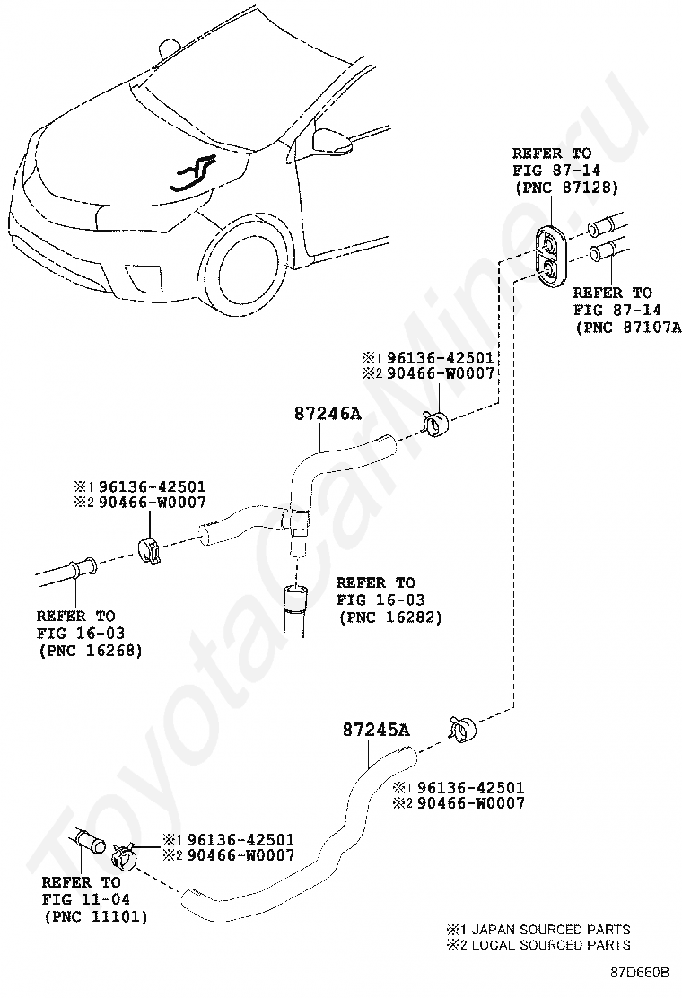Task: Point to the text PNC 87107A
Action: click(x=628, y=327)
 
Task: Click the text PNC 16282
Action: click(x=389, y=617)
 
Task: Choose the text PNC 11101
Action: click(x=94, y=916)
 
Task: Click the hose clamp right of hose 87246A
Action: click(x=434, y=421)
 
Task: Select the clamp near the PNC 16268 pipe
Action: click(x=150, y=550)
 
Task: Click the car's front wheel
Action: click(x=248, y=267)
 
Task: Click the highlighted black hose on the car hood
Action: click(x=192, y=174)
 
